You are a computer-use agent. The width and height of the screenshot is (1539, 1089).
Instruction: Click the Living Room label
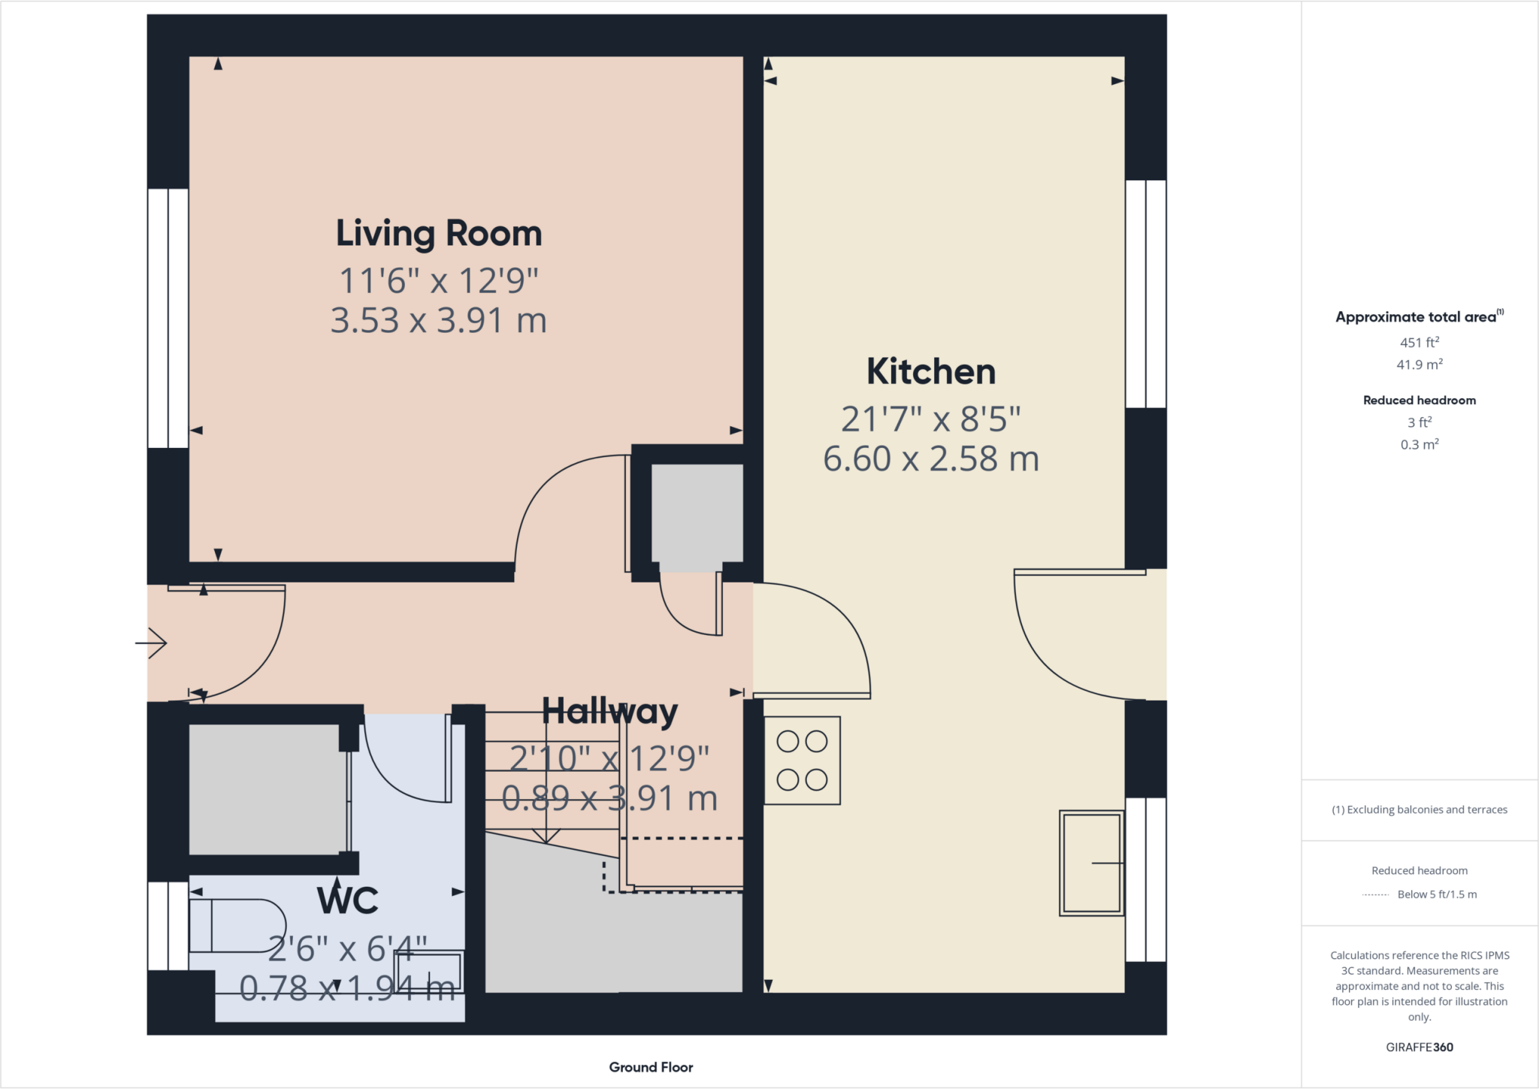(x=439, y=234)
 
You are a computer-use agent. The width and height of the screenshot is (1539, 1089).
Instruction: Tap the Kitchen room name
(x=931, y=372)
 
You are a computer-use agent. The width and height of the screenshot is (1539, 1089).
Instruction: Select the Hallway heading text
(x=609, y=711)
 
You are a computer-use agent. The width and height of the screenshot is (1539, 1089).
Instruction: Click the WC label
(x=347, y=900)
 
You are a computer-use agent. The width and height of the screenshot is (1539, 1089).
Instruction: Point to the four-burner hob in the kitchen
(x=802, y=761)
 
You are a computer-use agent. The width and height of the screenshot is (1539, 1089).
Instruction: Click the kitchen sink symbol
(x=1091, y=863)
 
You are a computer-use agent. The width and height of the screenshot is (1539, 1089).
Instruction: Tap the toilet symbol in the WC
(x=237, y=926)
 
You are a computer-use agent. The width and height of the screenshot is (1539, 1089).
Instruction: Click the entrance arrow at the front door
(x=153, y=643)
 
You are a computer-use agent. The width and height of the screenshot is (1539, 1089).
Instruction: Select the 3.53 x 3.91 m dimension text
(x=439, y=321)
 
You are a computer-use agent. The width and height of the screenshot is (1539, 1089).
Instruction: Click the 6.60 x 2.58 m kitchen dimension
(x=931, y=459)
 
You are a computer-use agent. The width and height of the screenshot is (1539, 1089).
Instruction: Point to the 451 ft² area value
(x=1419, y=343)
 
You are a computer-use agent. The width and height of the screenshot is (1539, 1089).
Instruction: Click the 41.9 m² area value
(x=1419, y=365)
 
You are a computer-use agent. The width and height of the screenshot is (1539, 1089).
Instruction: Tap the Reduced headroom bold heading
(x=1419, y=401)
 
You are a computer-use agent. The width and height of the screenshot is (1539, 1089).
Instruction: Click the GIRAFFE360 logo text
(x=1419, y=1047)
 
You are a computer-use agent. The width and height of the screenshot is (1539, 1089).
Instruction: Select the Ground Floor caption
(x=651, y=1067)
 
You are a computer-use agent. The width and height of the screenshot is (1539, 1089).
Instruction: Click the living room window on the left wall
(x=168, y=318)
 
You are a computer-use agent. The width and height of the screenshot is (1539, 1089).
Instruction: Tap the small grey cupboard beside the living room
(x=697, y=513)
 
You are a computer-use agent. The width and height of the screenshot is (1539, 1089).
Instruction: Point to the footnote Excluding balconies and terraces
(x=1419, y=809)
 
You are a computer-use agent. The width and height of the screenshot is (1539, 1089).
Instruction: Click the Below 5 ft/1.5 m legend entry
(x=1436, y=894)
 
